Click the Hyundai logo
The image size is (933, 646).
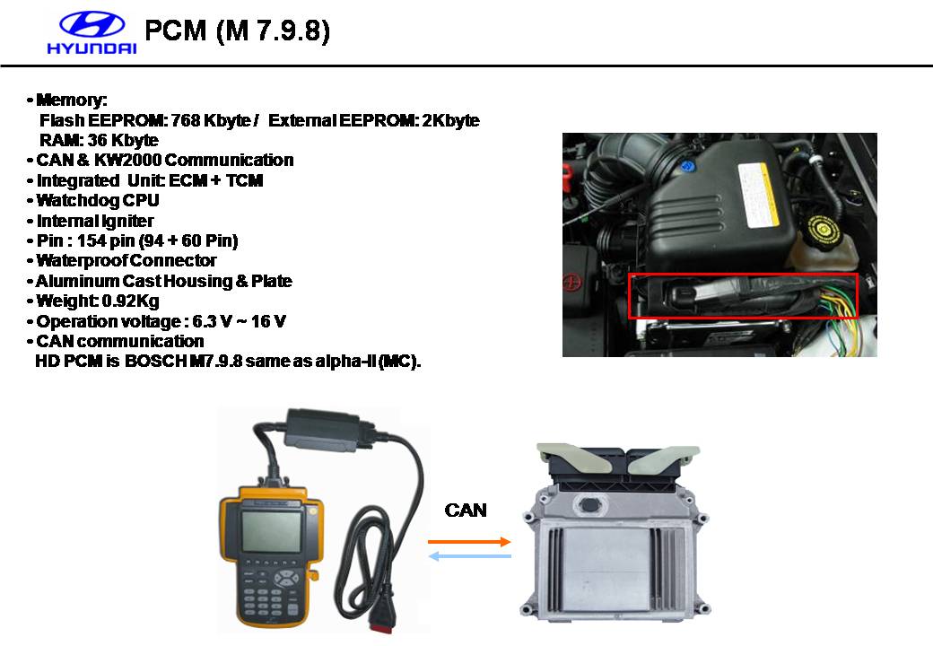92,33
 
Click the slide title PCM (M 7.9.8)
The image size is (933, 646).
237,31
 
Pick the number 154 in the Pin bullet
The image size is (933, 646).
92,241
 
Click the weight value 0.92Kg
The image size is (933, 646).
130,301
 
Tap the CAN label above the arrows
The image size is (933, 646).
466,511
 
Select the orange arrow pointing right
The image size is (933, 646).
469,541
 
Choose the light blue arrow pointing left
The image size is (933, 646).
470,556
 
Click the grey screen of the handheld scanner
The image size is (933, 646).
271,530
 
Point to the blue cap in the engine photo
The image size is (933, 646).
687,167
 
